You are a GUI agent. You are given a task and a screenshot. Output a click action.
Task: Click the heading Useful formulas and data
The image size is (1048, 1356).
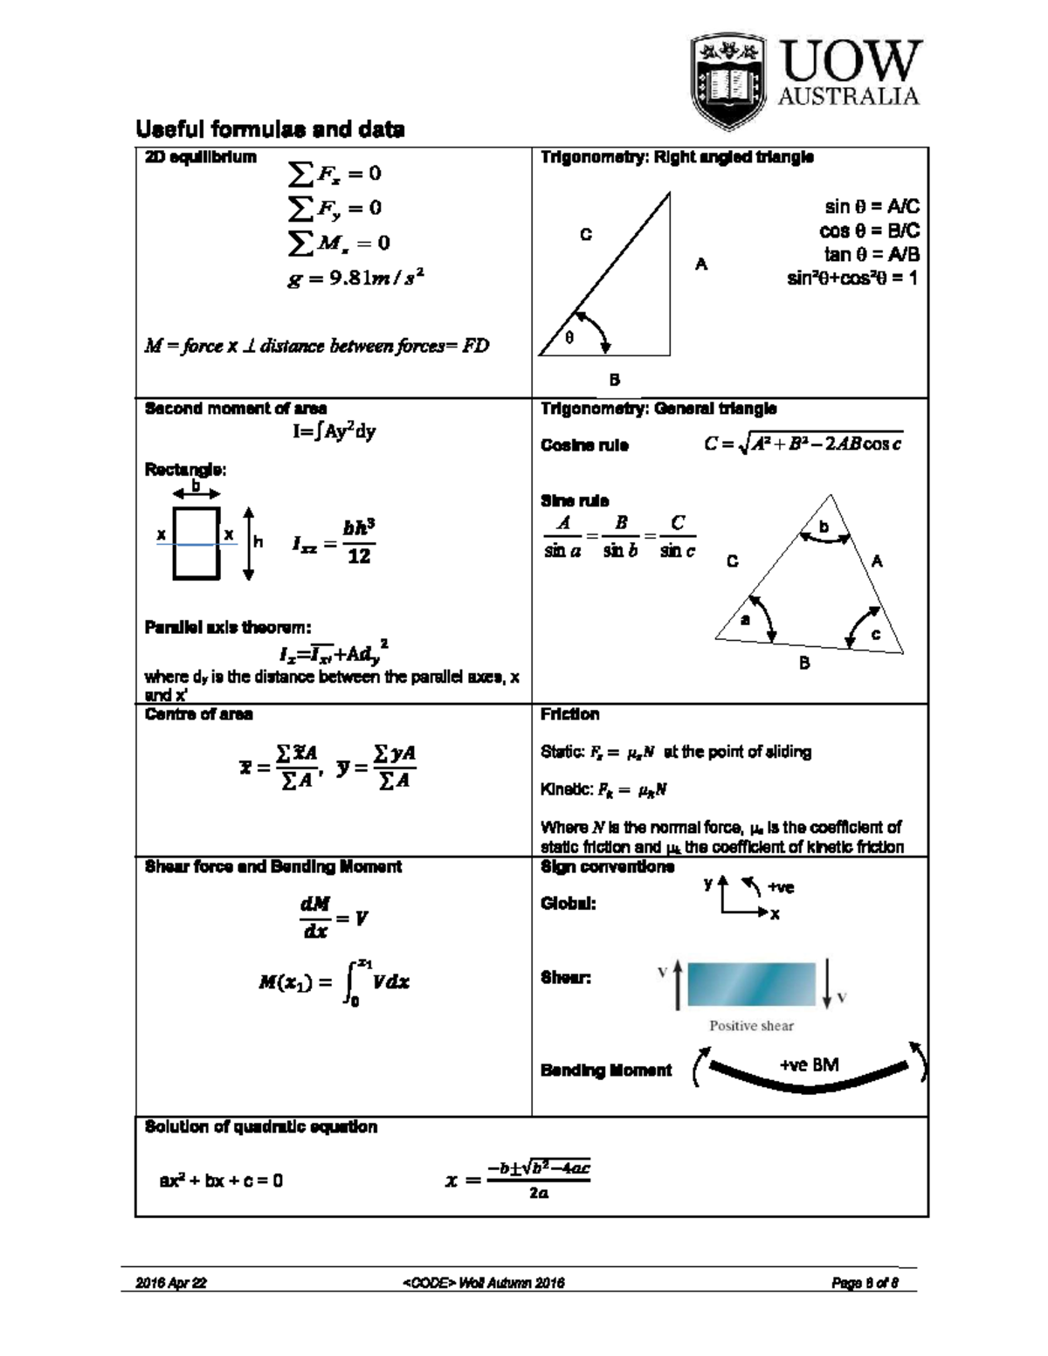270,130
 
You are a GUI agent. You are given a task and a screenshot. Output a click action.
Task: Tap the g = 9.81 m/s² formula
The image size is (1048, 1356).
355,279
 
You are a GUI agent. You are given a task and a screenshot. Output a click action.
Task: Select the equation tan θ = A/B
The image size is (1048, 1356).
871,254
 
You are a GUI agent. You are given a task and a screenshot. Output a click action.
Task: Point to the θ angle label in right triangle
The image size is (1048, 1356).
569,338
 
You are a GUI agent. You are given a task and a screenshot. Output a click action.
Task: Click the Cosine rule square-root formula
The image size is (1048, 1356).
803,444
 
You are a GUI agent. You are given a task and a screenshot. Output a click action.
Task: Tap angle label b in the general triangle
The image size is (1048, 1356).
823,527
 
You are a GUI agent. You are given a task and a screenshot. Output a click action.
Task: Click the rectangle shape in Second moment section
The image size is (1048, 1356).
196,543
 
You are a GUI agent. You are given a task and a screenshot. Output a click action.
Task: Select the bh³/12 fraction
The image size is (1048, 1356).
359,542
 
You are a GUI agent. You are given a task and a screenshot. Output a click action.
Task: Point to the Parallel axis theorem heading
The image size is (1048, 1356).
227,627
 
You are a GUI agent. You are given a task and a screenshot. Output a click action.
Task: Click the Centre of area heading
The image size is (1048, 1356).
198,714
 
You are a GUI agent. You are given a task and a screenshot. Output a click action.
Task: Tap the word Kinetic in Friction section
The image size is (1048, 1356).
566,789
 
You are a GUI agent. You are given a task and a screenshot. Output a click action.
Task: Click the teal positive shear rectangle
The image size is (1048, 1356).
751,984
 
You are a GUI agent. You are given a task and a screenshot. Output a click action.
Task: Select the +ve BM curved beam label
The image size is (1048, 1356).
809,1065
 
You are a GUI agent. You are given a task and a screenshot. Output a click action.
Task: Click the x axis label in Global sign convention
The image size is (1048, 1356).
775,914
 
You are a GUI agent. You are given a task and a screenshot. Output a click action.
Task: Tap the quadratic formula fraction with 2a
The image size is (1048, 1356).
539,1180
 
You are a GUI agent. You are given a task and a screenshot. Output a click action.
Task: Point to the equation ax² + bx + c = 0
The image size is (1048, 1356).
221,1180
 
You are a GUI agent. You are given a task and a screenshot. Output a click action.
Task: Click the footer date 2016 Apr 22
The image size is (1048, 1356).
171,1283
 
